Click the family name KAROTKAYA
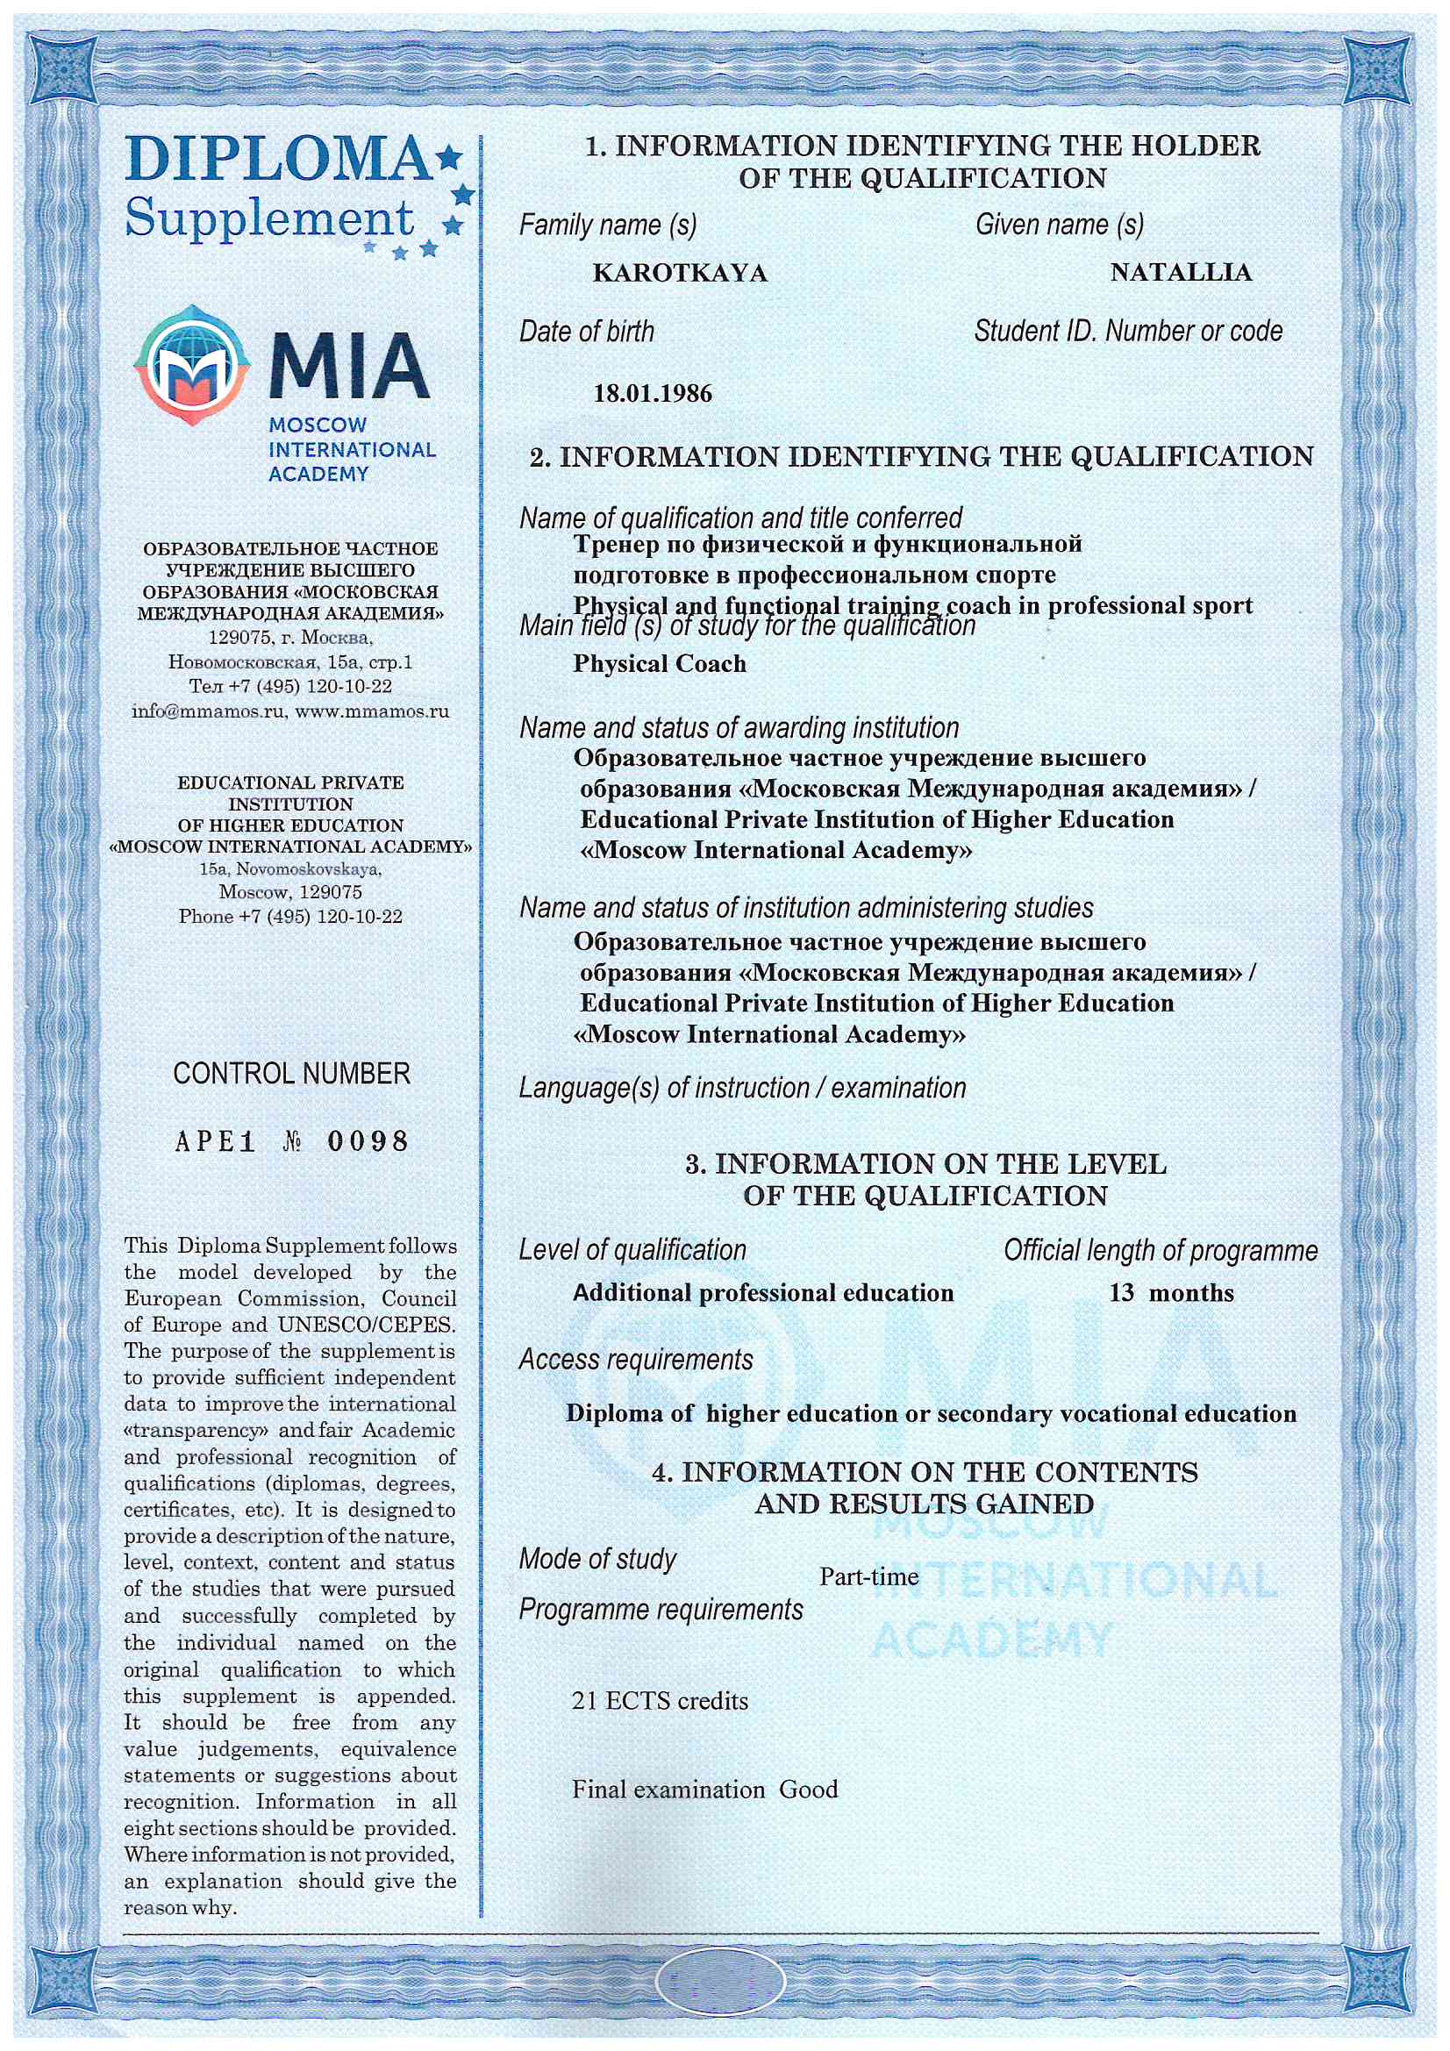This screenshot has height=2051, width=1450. coord(680,273)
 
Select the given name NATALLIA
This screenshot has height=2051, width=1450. coord(1180,272)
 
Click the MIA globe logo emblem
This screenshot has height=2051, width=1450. coord(191,364)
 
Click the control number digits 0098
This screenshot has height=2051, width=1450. coord(368,1140)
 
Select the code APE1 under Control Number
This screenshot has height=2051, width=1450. coord(215,1141)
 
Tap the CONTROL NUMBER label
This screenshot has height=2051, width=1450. coord(291,1073)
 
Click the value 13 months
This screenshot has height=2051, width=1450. coord(1170,1292)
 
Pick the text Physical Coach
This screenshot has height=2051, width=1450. coord(660,664)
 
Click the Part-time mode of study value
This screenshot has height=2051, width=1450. coord(868,1576)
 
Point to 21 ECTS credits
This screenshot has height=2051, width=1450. coord(660,1700)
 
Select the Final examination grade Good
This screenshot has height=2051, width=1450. coord(809,1790)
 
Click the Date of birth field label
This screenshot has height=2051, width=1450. coord(586,332)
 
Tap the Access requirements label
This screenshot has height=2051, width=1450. coord(635,1359)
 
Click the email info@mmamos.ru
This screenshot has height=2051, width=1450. coord(209,711)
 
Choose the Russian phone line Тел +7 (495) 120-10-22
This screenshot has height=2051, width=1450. coord(290,686)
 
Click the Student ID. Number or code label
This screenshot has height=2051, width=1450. coord(1127,332)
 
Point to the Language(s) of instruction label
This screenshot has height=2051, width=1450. coord(742,1087)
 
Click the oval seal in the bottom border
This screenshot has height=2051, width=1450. coord(720,1983)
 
